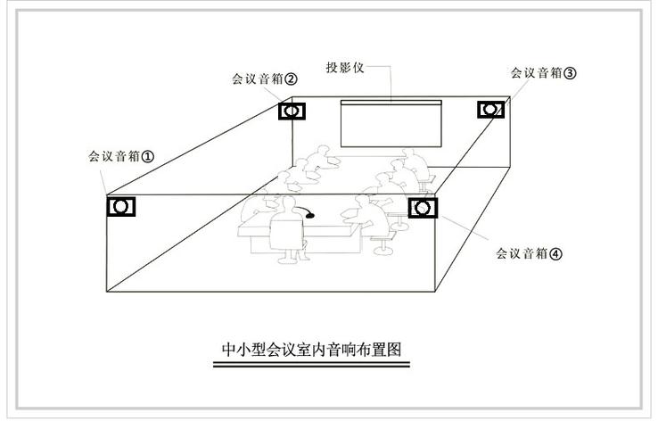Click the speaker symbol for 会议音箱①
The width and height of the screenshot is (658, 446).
pyautogui.click(x=121, y=207)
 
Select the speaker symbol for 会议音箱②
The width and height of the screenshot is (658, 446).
pyautogui.click(x=292, y=111)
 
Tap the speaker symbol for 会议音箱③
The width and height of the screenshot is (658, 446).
pyautogui.click(x=490, y=110)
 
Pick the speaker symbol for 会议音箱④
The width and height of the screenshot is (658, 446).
pyautogui.click(x=423, y=209)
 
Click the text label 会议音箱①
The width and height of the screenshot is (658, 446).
pyautogui.click(x=121, y=156)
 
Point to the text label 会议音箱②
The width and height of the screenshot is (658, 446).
pyautogui.click(x=265, y=78)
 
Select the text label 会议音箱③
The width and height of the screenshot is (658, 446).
pyautogui.click(x=544, y=72)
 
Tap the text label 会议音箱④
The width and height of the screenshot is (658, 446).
pyautogui.click(x=529, y=253)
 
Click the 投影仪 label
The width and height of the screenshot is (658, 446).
pyautogui.click(x=345, y=67)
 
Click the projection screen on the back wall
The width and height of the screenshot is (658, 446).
pyautogui.click(x=391, y=123)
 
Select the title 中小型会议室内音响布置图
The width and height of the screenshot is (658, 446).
pyautogui.click(x=311, y=350)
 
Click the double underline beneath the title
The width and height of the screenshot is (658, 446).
pyautogui.click(x=311, y=364)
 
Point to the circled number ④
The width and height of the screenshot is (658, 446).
pyautogui.click(x=555, y=253)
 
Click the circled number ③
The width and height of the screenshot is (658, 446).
pyautogui.click(x=570, y=73)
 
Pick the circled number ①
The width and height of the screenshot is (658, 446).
pyautogui.click(x=148, y=157)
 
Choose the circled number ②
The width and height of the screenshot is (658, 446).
pyautogui.click(x=292, y=79)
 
